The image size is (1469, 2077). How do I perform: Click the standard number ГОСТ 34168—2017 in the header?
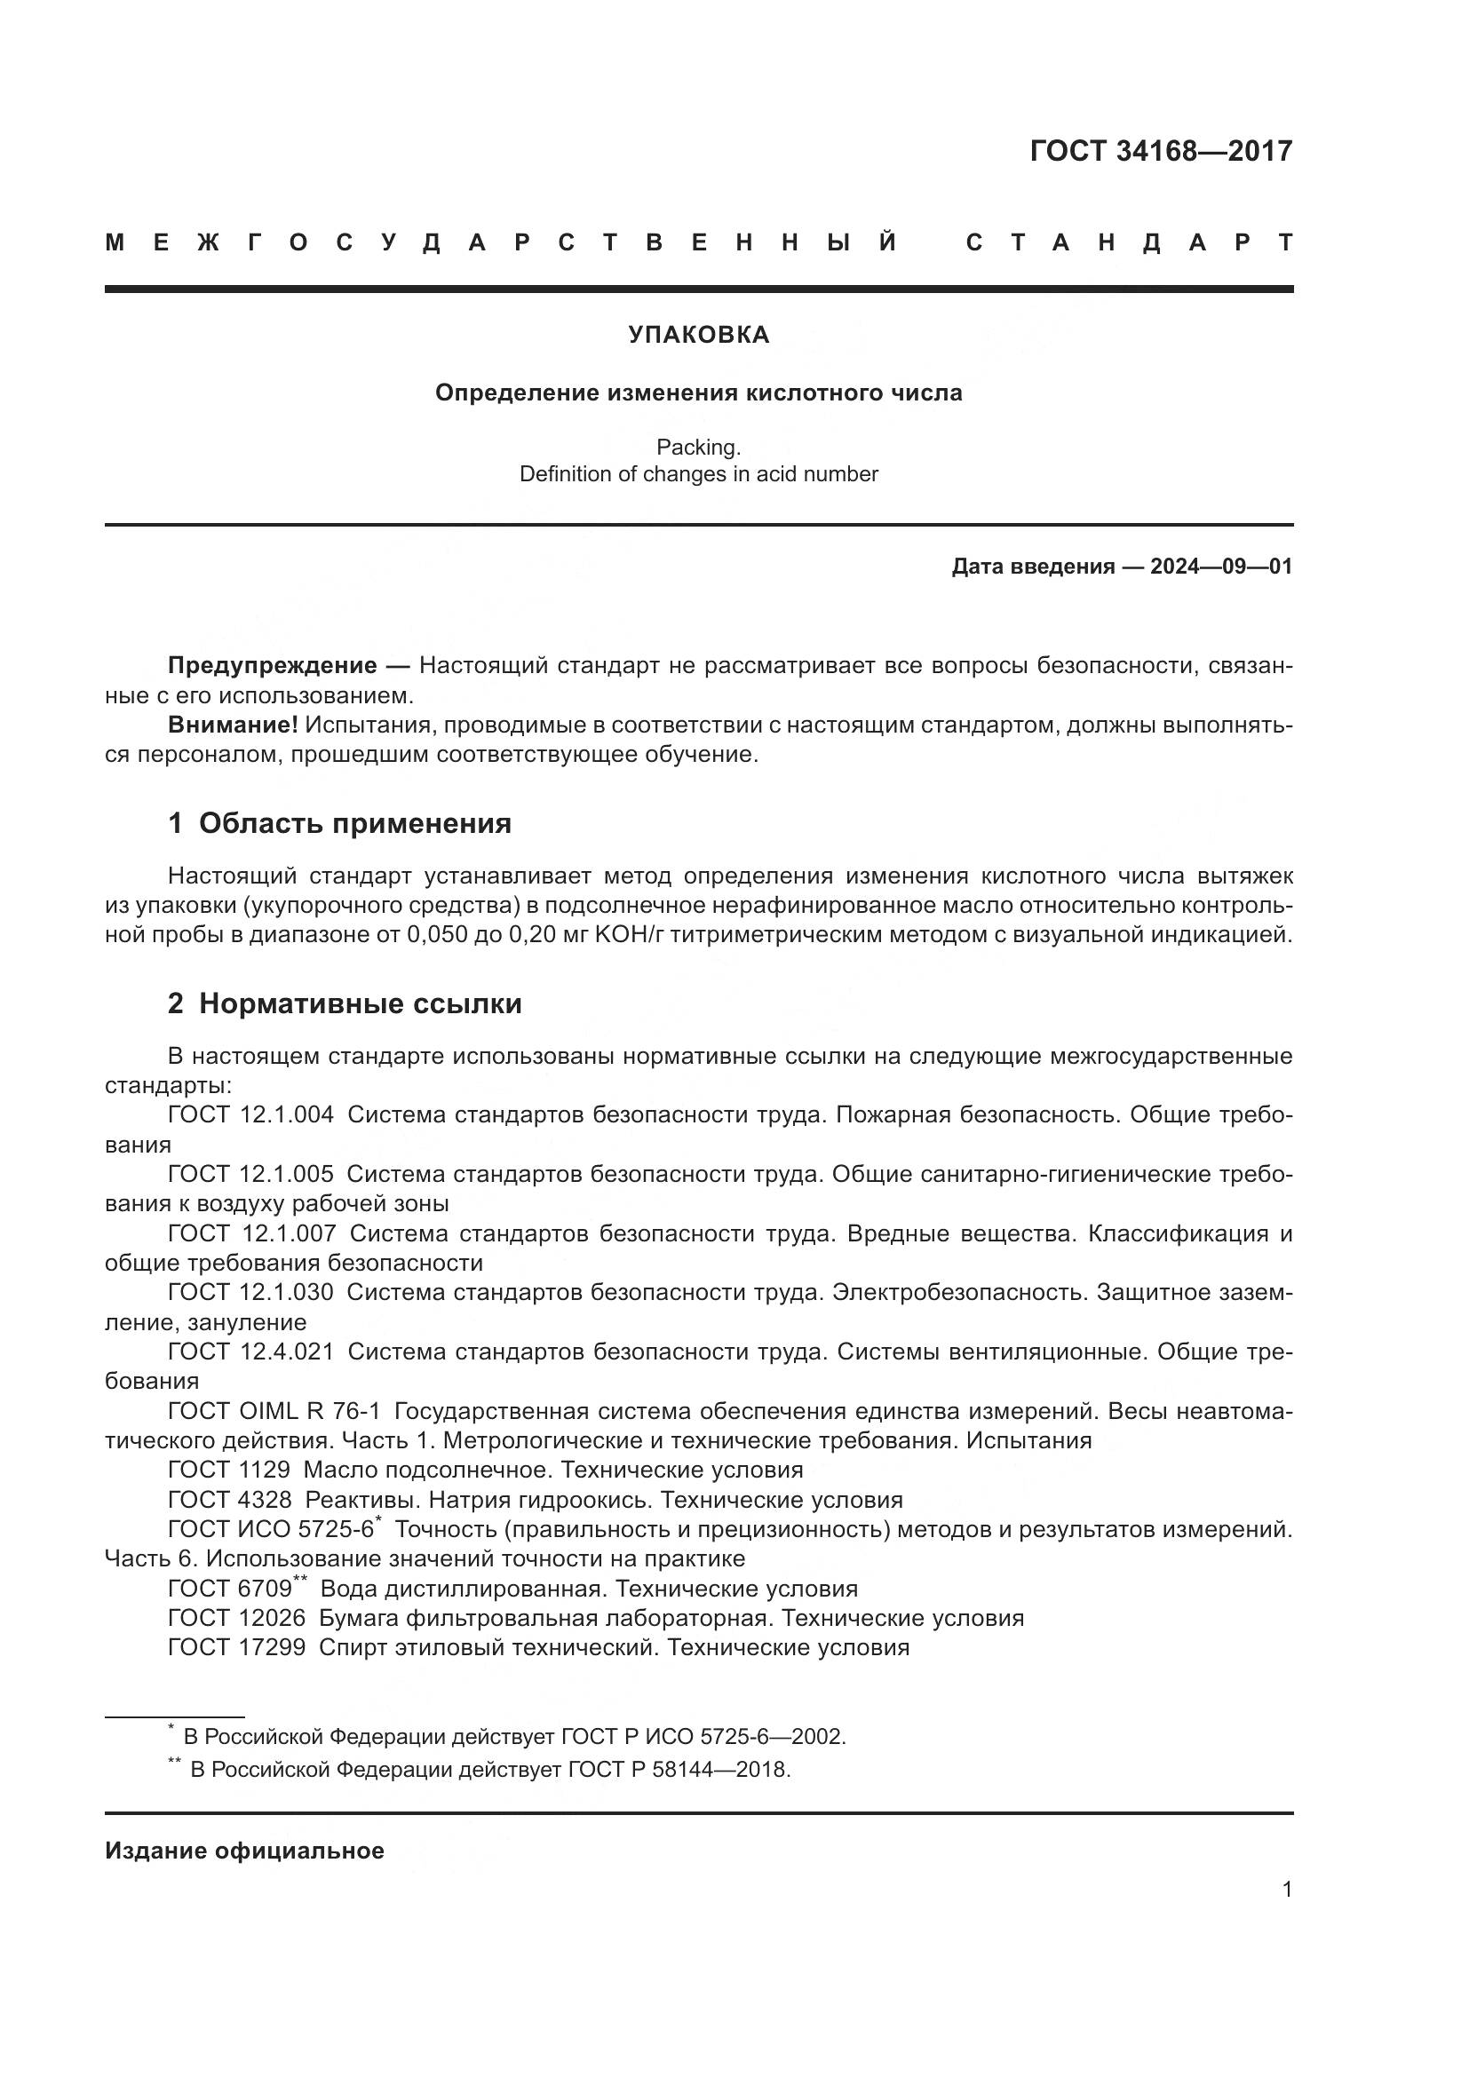(1161, 151)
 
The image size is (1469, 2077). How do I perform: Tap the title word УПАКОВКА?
(698, 335)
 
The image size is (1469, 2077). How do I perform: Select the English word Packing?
(698, 447)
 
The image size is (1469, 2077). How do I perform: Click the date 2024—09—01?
(1221, 567)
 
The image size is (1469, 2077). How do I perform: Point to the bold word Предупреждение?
(273, 666)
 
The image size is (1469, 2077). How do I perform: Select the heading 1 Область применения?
(339, 823)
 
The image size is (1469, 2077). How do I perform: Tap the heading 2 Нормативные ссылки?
(345, 1003)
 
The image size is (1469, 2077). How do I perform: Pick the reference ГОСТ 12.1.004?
(250, 1114)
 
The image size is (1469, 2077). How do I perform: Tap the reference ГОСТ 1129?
(229, 1470)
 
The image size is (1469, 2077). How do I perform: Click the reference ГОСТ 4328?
(230, 1500)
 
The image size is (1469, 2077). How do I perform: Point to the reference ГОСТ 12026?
(236, 1619)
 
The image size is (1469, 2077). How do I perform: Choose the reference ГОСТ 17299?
(236, 1647)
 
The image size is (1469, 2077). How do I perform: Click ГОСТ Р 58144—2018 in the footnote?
(679, 1770)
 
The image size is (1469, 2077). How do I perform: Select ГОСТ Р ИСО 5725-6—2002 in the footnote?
(703, 1737)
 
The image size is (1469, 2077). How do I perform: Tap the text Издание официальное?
(244, 1851)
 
